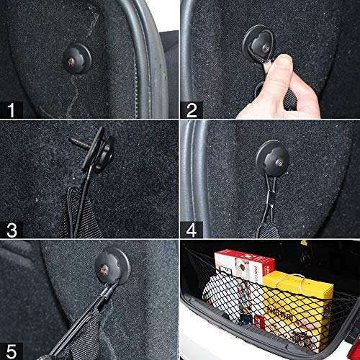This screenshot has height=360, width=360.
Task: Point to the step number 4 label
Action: (192, 230)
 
